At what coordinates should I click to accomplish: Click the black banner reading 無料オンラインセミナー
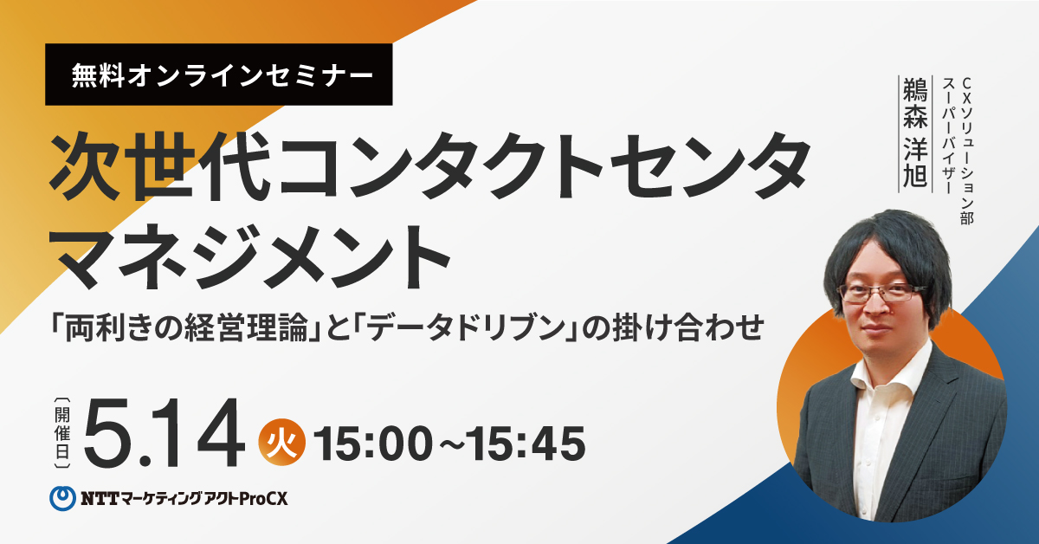pyautogui.click(x=218, y=74)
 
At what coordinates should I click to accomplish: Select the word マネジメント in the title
pyautogui.click(x=249, y=256)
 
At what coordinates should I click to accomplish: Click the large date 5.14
pyautogui.click(x=164, y=432)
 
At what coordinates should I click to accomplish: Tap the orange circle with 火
pyautogui.click(x=282, y=443)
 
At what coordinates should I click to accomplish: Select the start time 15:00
pyautogui.click(x=374, y=444)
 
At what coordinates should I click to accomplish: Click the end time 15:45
pyautogui.click(x=526, y=444)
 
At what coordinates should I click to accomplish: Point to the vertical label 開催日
pyautogui.click(x=62, y=432)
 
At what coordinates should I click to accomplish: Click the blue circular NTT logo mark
pyautogui.click(x=62, y=498)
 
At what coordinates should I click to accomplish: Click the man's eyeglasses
pyautogui.click(x=878, y=294)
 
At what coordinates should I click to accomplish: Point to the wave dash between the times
pyautogui.click(x=449, y=444)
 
